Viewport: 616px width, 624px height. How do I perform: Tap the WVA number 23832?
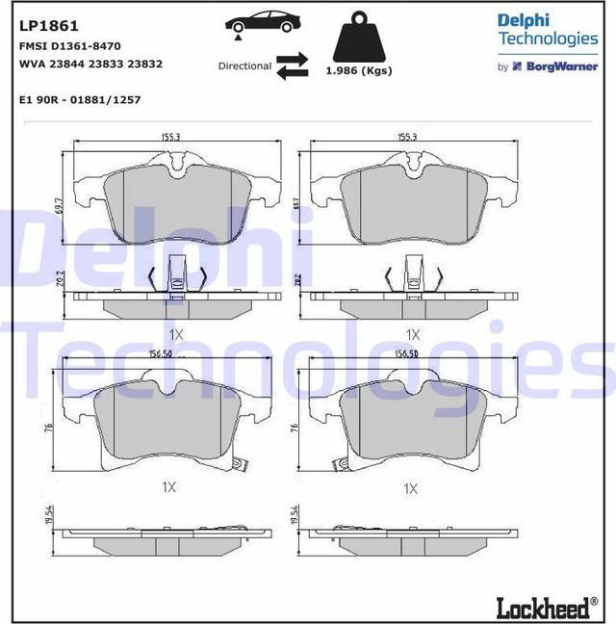tap(143, 64)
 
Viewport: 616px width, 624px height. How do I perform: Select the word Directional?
tap(244, 66)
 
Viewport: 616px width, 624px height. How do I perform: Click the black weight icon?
tap(358, 39)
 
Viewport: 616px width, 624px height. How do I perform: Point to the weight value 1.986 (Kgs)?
tap(358, 71)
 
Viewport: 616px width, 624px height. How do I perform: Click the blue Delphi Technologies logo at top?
tap(547, 29)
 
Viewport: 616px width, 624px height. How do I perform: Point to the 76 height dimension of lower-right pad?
tap(294, 426)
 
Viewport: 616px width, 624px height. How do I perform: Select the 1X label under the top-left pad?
tap(174, 334)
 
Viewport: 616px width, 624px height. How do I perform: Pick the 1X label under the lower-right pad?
tap(411, 488)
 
